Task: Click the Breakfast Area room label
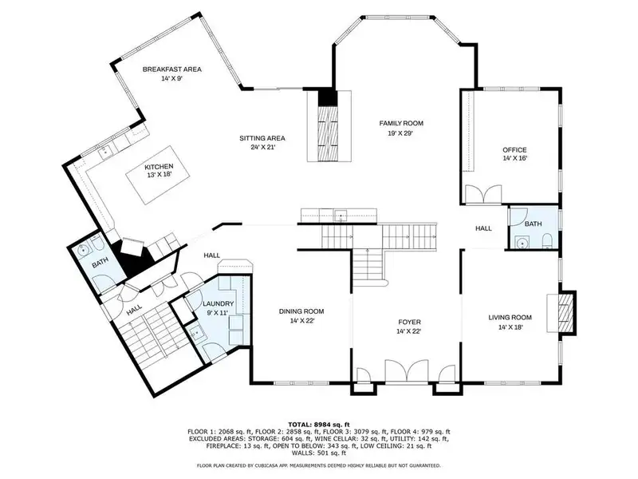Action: (171, 69)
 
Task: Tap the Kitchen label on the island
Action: (159, 167)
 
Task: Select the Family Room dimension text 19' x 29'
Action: (401, 133)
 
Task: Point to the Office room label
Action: (514, 150)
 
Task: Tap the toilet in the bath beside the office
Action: (547, 240)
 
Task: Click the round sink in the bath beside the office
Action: (521, 243)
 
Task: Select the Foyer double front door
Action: (407, 371)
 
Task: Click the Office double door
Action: (483, 194)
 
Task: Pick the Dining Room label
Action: (301, 311)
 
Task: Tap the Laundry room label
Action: (218, 304)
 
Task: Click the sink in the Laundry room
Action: (196, 332)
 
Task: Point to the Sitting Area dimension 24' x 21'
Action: (263, 148)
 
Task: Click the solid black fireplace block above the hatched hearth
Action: (328, 97)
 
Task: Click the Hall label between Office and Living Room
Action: (483, 228)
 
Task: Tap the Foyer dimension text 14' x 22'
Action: (408, 331)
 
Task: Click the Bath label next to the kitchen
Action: (100, 265)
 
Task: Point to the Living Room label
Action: (510, 318)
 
